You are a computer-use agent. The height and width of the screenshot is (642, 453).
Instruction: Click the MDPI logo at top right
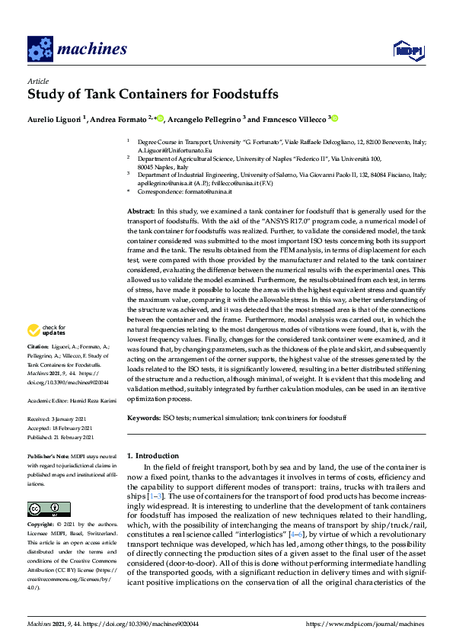point(408,50)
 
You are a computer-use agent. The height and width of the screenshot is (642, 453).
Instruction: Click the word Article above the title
point(37,81)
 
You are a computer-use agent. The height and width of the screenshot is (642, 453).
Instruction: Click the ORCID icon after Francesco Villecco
point(333,118)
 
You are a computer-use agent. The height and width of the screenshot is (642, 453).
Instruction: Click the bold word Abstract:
point(141,210)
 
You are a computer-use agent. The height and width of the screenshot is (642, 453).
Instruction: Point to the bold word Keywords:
point(143,419)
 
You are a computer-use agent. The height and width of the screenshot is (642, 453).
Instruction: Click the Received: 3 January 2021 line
point(59,419)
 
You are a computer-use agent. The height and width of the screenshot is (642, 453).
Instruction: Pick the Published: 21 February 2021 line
point(61,437)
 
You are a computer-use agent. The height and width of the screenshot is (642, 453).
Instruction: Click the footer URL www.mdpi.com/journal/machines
point(364,624)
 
